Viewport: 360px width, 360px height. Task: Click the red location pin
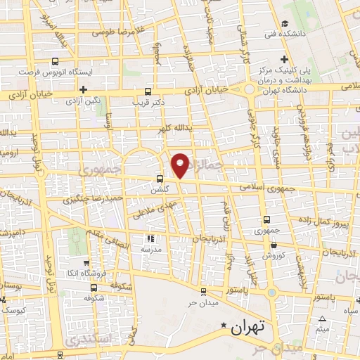click(x=181, y=165)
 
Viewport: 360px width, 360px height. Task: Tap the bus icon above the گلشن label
click(x=160, y=179)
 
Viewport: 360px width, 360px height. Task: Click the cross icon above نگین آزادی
click(x=83, y=89)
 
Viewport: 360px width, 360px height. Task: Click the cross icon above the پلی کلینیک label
click(x=283, y=59)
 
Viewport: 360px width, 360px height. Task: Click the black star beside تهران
click(x=224, y=325)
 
